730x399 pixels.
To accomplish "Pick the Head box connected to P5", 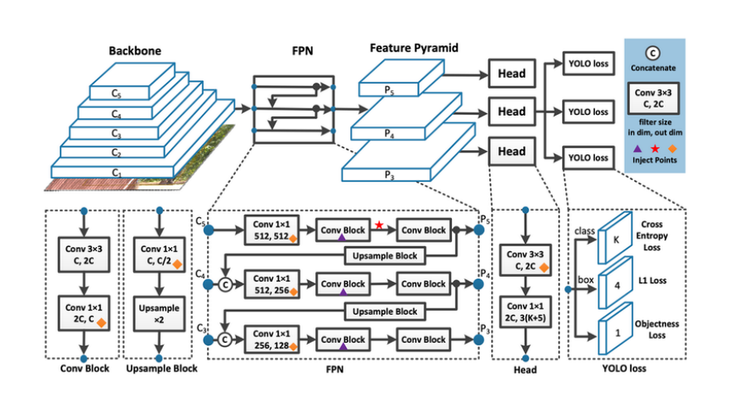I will pyautogui.click(x=511, y=73).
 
